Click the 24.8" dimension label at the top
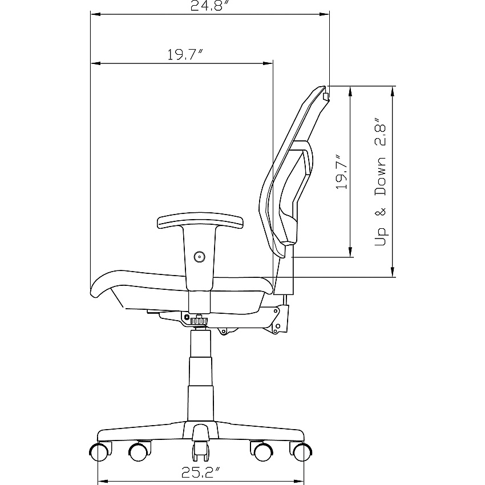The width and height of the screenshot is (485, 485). coord(211,6)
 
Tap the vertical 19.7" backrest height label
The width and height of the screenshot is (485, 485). coord(342,172)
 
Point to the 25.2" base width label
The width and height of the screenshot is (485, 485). coord(201,472)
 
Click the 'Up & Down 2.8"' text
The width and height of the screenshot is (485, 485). coord(381,181)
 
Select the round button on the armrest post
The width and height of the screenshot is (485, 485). coord(200,256)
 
